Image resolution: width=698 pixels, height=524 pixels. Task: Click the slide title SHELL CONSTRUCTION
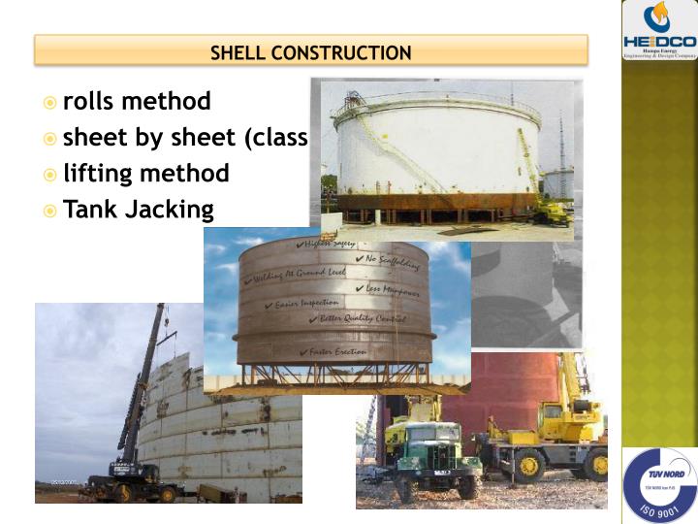coord(311,52)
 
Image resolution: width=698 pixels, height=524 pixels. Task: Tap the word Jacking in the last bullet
coord(171,210)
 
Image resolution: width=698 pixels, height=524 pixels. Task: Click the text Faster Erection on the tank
coord(335,351)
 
